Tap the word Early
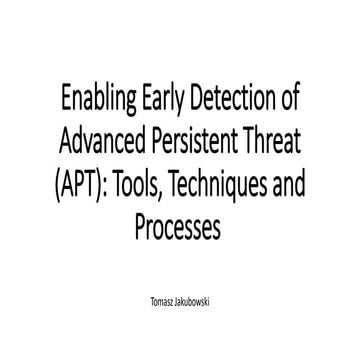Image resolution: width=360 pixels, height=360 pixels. click(x=167, y=101)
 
